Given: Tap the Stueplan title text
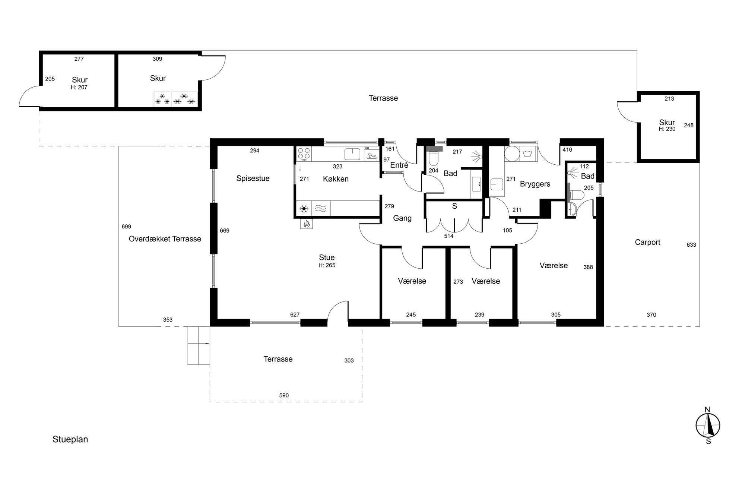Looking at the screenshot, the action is [x=70, y=439].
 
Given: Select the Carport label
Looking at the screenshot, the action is [x=647, y=242].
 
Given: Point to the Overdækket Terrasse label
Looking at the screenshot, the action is [x=165, y=239].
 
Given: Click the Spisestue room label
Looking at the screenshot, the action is [x=253, y=178].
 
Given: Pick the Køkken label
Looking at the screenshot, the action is [x=336, y=179].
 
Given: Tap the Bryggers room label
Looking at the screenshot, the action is [x=535, y=184].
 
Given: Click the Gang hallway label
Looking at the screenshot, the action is [x=402, y=218].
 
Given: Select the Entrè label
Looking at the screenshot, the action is [x=399, y=165].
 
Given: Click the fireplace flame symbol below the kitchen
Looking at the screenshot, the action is [x=307, y=224].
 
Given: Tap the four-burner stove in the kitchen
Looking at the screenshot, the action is [x=304, y=154].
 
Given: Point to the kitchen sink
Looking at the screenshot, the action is [x=352, y=154].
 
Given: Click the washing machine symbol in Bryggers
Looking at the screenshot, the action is [x=527, y=153].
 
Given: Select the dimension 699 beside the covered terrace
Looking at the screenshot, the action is [x=126, y=227].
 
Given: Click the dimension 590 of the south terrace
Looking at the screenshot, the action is [x=284, y=395].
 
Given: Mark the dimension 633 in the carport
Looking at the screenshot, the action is [x=691, y=245].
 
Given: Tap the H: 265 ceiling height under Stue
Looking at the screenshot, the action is [x=327, y=265].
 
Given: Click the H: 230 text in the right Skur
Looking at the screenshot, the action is [x=667, y=129].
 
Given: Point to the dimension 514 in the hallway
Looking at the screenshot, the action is [x=448, y=236].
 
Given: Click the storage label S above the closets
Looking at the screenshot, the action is [x=454, y=206].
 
